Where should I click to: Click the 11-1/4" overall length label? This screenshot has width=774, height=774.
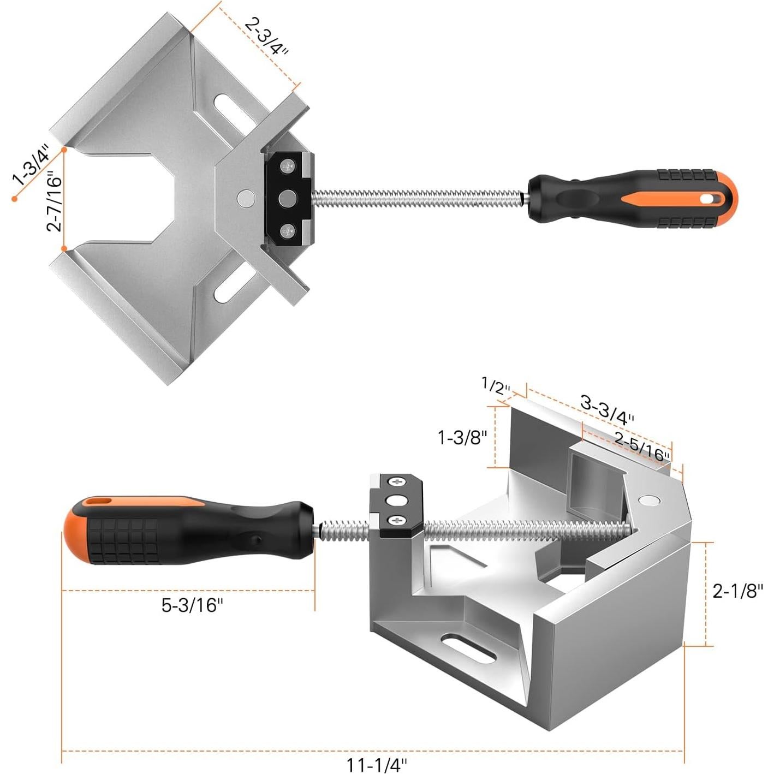click(x=377, y=765)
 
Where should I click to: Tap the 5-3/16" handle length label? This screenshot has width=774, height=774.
click(x=192, y=605)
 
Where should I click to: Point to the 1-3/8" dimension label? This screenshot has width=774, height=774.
click(x=462, y=437)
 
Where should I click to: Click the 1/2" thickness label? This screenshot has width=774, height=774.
click(x=496, y=386)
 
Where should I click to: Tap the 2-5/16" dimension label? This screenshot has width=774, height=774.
click(x=642, y=446)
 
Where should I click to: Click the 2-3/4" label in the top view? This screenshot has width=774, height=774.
click(x=266, y=36)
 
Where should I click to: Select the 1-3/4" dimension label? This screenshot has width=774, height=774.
click(x=31, y=165)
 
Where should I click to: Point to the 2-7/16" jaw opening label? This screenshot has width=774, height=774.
click(x=55, y=202)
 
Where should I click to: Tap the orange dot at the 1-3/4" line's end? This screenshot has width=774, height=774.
click(x=15, y=199)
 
